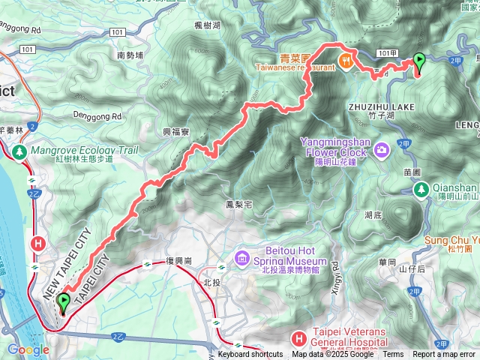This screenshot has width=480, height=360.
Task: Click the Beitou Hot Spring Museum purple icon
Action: [241, 259]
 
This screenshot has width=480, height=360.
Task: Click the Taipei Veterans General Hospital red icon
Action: [299, 339]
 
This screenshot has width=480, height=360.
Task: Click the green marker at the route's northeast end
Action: [419, 62]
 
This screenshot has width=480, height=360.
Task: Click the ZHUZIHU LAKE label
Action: [381, 107]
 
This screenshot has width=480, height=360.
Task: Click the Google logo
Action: [28, 349]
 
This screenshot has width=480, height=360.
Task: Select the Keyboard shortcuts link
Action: [250, 355]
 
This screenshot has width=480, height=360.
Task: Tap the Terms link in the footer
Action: [393, 355]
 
